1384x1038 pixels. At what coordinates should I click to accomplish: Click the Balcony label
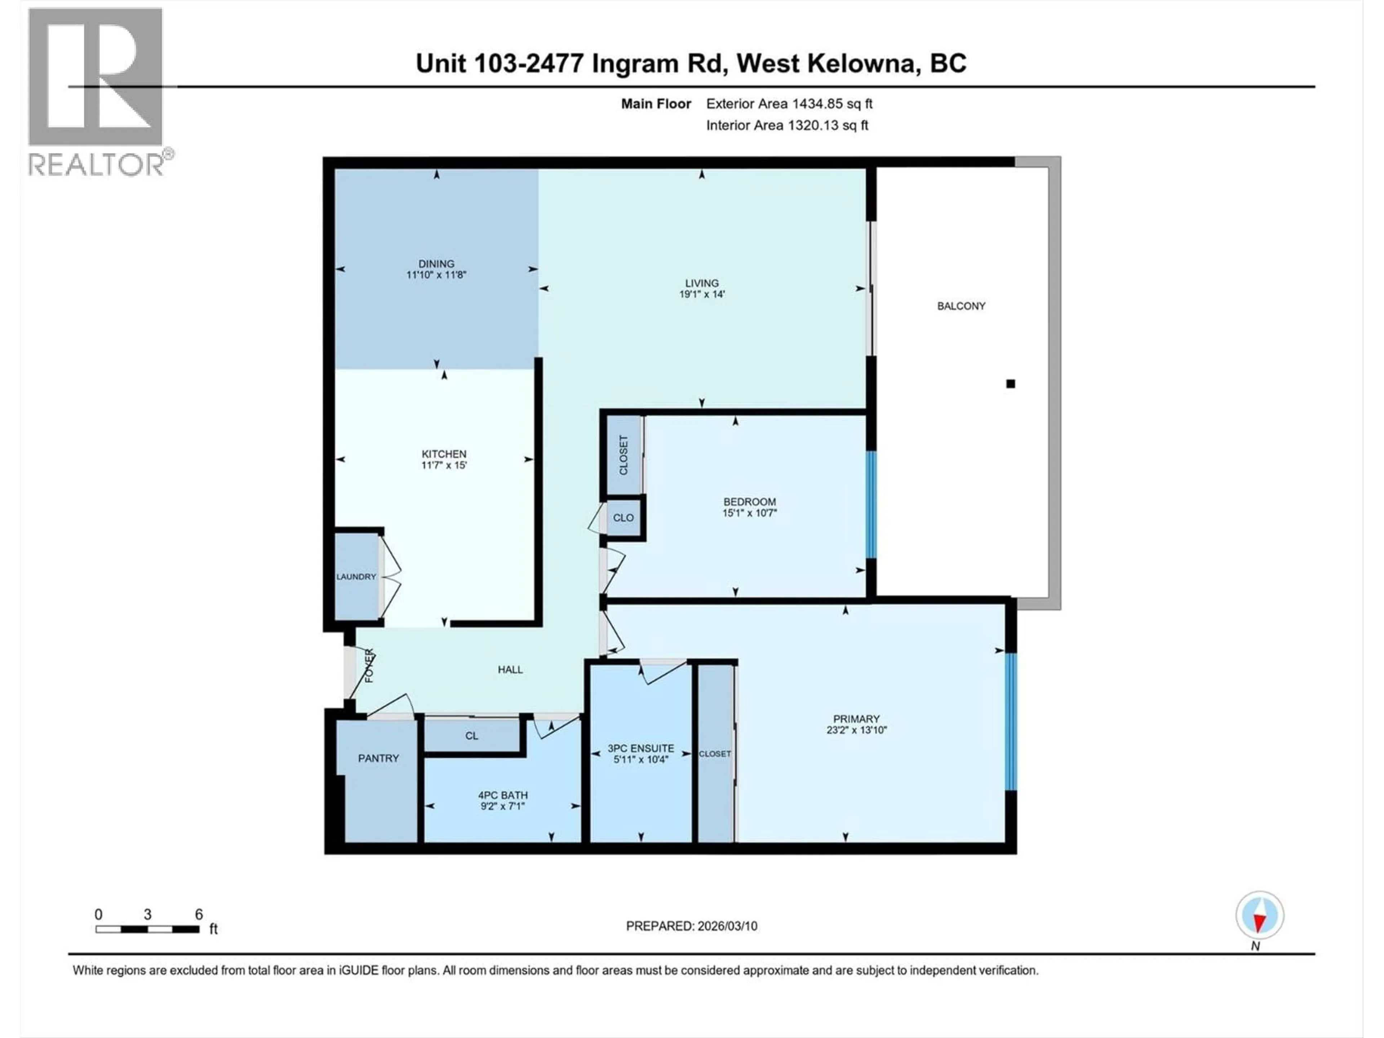961,306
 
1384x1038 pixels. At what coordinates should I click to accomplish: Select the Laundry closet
356,576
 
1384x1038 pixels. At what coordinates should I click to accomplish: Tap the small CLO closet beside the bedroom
623,518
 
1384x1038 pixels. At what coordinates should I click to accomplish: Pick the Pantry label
378,758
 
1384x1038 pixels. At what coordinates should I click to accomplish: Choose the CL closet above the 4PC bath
472,736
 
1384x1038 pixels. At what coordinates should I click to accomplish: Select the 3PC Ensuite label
641,748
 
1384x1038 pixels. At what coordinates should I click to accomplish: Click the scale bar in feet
148,929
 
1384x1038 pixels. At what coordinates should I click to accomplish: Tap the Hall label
510,670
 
